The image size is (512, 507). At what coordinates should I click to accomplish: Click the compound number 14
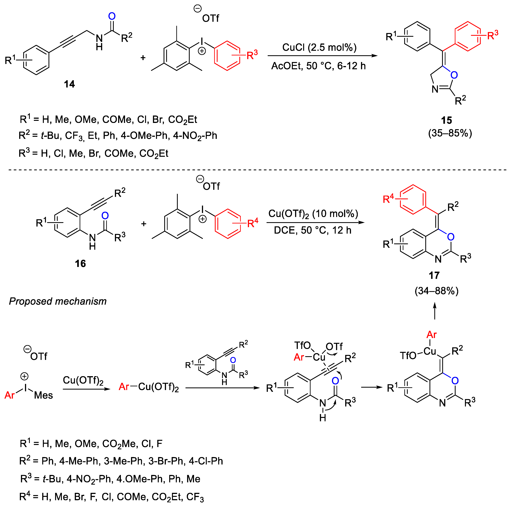pos(69,84)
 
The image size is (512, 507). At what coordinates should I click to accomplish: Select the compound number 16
pos(80,264)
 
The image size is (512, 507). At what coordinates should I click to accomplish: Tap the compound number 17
pos(434,275)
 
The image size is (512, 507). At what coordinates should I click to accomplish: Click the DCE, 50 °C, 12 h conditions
pos(312,230)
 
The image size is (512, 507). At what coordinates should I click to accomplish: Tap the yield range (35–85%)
pos(450,133)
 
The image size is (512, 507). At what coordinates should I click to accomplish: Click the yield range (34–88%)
pos(436,291)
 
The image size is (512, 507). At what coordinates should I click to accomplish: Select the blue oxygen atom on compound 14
pos(112,16)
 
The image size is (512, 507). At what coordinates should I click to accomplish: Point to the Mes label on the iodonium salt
pos(44,395)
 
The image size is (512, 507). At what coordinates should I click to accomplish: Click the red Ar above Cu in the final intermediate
pos(431,335)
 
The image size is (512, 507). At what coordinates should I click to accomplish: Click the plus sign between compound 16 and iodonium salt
pos(144,224)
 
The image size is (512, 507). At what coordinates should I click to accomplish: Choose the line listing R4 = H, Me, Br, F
pos(111,497)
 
